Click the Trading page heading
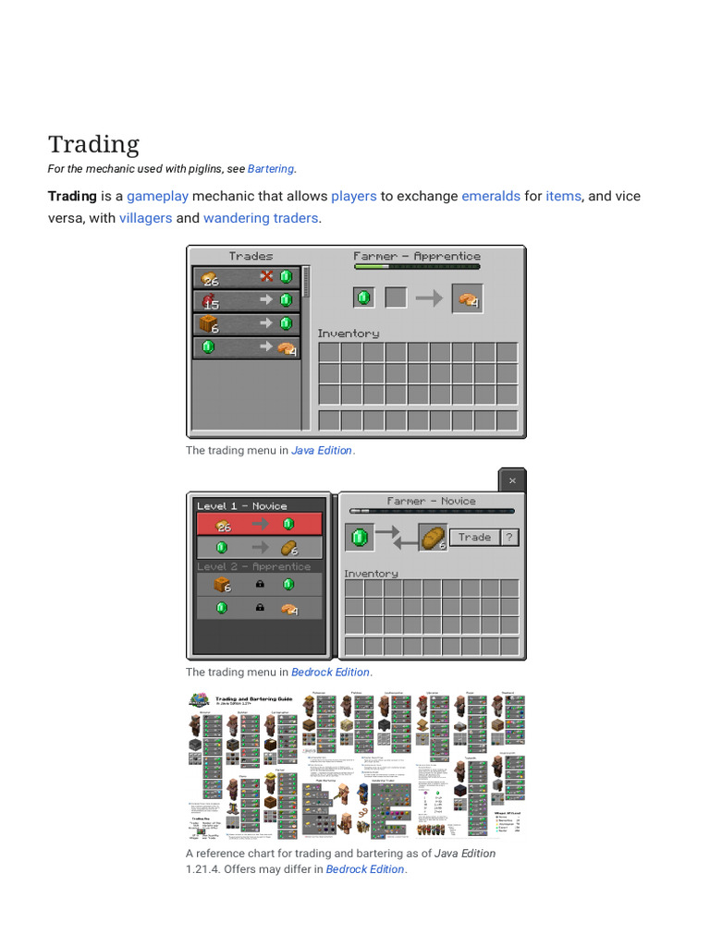point(93,144)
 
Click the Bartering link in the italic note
point(271,169)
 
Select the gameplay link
point(157,196)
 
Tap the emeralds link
point(491,196)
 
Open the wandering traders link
point(261,218)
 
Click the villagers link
point(145,218)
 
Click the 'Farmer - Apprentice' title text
point(417,256)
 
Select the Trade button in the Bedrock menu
point(474,537)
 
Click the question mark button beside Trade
point(509,537)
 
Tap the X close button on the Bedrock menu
point(512,480)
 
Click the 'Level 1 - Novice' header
point(241,505)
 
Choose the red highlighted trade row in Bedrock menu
point(259,524)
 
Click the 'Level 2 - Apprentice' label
point(253,566)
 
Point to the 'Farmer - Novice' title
point(431,501)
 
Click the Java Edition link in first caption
point(322,451)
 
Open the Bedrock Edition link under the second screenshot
point(330,673)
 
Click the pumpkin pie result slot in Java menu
point(468,298)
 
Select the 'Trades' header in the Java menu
point(251,256)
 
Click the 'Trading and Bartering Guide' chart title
point(253,699)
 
